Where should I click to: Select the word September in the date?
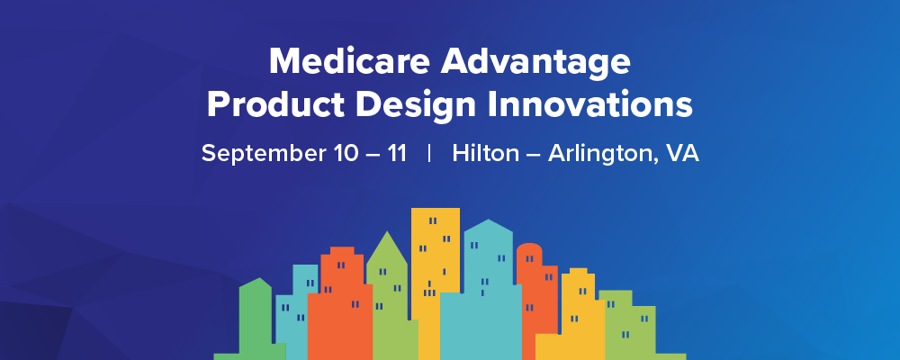[x=257, y=153]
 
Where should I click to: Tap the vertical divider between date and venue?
[x=429, y=153]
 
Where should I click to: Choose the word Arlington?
[x=598, y=153]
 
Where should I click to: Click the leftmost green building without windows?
[x=255, y=315]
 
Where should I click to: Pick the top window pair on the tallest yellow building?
[x=433, y=220]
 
